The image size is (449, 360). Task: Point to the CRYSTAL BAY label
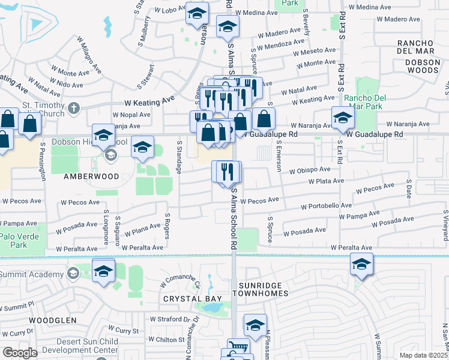tap(193, 298)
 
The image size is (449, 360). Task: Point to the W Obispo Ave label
tap(310, 171)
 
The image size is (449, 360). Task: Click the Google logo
tap(20, 353)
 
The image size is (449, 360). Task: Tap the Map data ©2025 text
tap(423, 355)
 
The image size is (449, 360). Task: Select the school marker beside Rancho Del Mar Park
tap(342, 118)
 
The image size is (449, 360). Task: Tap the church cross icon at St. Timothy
tap(73, 109)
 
